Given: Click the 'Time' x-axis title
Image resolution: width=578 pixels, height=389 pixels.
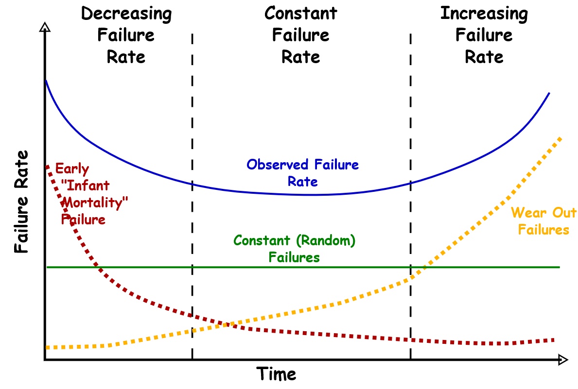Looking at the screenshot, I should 276,374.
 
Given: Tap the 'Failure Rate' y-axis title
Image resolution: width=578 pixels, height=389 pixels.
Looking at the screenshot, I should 21,202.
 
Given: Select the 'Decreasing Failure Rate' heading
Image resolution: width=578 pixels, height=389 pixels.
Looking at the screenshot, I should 126,35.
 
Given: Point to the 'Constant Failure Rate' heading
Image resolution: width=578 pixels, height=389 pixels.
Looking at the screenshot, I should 301,35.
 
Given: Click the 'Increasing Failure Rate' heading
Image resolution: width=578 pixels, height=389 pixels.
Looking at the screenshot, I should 484,35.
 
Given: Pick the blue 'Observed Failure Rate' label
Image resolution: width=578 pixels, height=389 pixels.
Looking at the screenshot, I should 302,173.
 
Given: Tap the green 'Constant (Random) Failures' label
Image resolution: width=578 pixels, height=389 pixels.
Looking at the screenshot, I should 295,248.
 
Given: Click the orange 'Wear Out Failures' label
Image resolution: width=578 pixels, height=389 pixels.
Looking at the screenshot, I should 543,220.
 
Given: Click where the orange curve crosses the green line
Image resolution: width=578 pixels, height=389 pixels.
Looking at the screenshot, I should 424,267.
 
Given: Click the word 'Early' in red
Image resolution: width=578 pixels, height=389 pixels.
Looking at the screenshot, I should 72,169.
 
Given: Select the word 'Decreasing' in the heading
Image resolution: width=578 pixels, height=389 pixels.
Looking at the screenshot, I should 126,14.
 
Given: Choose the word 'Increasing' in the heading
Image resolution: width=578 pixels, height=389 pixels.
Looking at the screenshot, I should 484,14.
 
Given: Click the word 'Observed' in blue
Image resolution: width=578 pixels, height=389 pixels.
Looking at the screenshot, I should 277,165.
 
